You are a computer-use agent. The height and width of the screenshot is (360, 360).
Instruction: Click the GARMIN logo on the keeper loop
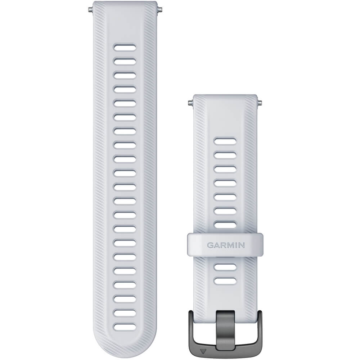coord(226,245)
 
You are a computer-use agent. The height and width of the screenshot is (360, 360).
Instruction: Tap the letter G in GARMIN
coord(210,245)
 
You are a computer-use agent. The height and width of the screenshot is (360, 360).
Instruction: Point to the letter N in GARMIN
coord(242,245)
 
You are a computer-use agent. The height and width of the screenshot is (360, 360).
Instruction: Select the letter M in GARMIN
coord(230,245)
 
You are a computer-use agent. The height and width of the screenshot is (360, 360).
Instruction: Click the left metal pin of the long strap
coord(90,10)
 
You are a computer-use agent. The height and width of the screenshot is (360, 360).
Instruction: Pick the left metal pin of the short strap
coord(190,103)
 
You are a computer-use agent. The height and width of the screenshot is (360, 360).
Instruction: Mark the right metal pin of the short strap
coord(260,102)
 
